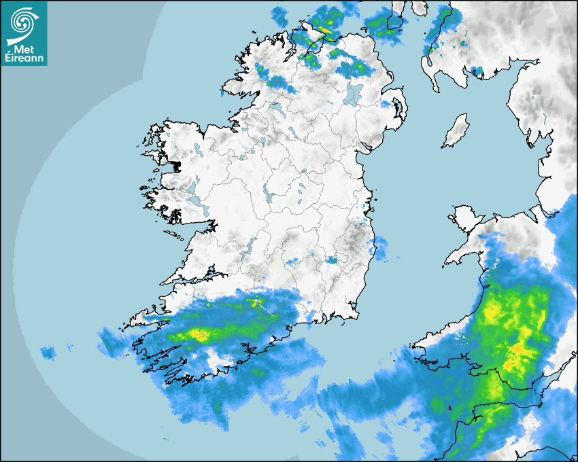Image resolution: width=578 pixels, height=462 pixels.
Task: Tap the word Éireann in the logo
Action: point(25,58)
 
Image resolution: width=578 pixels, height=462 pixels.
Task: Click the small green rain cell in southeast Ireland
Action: point(332,260)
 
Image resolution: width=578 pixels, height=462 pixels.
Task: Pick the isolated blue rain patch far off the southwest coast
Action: point(48,353)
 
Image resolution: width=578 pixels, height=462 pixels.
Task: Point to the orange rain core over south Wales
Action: point(518,351)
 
